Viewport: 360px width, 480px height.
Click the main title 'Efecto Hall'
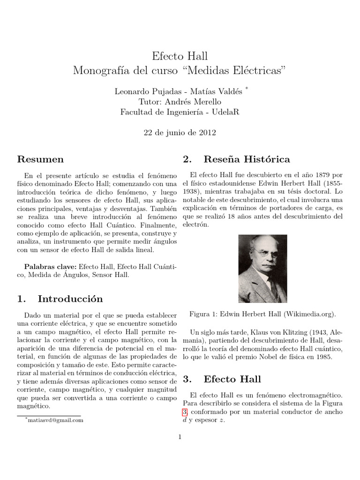[180, 56]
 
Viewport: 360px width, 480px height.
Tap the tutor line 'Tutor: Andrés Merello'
[180, 102]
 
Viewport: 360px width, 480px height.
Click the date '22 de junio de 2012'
[180, 133]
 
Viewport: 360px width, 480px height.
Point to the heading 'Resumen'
[40, 159]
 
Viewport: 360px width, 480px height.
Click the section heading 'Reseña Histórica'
[247, 159]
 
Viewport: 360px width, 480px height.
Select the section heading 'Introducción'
[70, 299]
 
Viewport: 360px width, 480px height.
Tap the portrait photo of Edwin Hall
[262, 269]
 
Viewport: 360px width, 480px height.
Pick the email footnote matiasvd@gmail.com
[55, 420]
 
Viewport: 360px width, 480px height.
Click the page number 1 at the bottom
[180, 437]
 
